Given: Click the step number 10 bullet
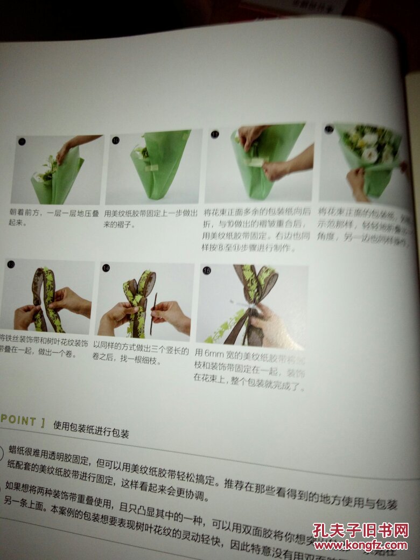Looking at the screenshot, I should coord(116,141).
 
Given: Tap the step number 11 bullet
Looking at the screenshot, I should coord(215,134).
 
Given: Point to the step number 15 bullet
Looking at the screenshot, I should coord(207,270).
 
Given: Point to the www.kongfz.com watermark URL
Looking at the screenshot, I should coord(360,547).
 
